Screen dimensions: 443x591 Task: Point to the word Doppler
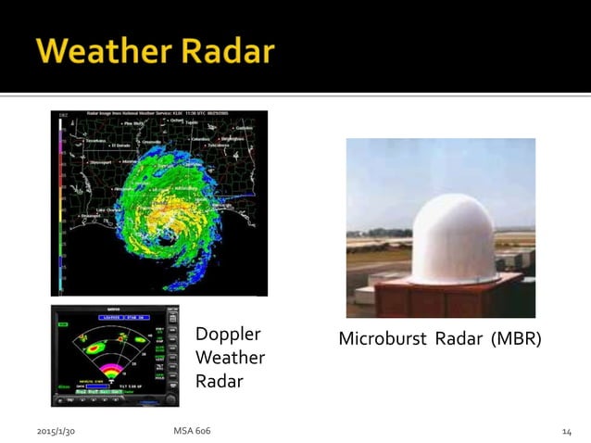click(x=228, y=335)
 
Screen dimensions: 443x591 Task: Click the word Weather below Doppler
click(x=230, y=358)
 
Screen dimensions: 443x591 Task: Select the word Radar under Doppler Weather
click(x=219, y=380)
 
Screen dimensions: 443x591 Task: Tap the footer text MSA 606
click(x=192, y=431)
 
